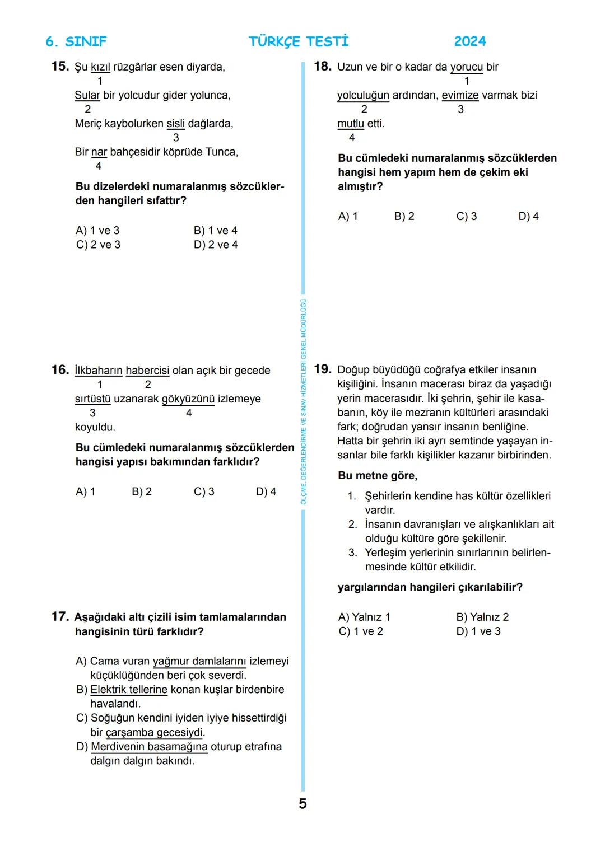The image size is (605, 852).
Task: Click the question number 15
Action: pyautogui.click(x=59, y=67)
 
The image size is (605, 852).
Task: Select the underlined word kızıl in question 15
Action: pyautogui.click(x=100, y=67)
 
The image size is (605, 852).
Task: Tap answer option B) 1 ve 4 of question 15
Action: pyautogui.click(x=215, y=231)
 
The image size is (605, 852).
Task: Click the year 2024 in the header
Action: pyautogui.click(x=469, y=41)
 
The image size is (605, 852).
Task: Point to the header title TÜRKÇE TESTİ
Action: pyautogui.click(x=298, y=41)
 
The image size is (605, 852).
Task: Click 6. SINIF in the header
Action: pyautogui.click(x=76, y=41)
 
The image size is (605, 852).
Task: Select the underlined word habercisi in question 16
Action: pyautogui.click(x=147, y=371)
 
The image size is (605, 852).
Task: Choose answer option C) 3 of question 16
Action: pyautogui.click(x=204, y=491)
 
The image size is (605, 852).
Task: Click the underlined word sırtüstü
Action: pyautogui.click(x=92, y=399)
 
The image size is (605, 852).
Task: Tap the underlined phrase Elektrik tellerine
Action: pyautogui.click(x=128, y=690)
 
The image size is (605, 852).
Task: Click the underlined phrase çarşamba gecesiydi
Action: pyautogui.click(x=155, y=732)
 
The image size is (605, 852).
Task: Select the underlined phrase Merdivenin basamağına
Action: pyautogui.click(x=148, y=747)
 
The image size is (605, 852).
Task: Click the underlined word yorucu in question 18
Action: pyautogui.click(x=466, y=67)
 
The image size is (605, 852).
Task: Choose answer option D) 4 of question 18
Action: pyautogui.click(x=528, y=217)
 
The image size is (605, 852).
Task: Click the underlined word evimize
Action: pyautogui.click(x=460, y=95)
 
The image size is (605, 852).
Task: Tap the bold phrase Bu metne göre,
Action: pyautogui.click(x=377, y=476)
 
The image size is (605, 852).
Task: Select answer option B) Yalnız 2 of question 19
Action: pyautogui.click(x=482, y=617)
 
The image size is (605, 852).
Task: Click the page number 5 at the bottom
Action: pyautogui.click(x=302, y=804)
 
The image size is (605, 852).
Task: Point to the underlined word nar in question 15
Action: pyautogui.click(x=99, y=152)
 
